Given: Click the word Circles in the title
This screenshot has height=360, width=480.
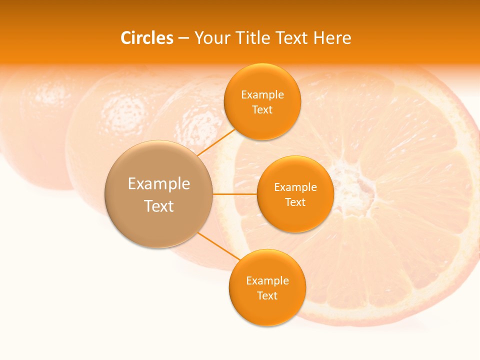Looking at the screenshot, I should click(x=146, y=38).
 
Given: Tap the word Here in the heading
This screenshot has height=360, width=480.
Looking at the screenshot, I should click(x=332, y=38).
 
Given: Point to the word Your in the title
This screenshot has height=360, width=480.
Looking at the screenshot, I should click(x=211, y=38).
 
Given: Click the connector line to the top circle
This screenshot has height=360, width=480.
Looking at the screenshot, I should click(x=216, y=142).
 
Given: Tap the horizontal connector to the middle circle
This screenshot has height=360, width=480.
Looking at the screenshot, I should click(x=234, y=194).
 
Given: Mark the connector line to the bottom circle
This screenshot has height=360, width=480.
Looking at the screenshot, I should click(x=219, y=247).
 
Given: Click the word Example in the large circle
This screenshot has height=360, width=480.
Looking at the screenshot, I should click(x=159, y=184).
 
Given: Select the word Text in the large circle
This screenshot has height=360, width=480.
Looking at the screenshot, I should click(x=159, y=206).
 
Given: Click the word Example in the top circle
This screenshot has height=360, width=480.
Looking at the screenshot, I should click(x=262, y=95).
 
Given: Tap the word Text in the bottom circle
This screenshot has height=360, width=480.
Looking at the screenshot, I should click(x=267, y=295).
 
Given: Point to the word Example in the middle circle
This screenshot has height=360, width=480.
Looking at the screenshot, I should click(x=295, y=187).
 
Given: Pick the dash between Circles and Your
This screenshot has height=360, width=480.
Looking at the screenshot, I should click(x=183, y=38).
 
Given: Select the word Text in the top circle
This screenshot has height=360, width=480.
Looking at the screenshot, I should click(x=262, y=109).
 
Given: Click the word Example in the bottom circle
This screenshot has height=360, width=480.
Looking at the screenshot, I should click(x=267, y=280).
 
